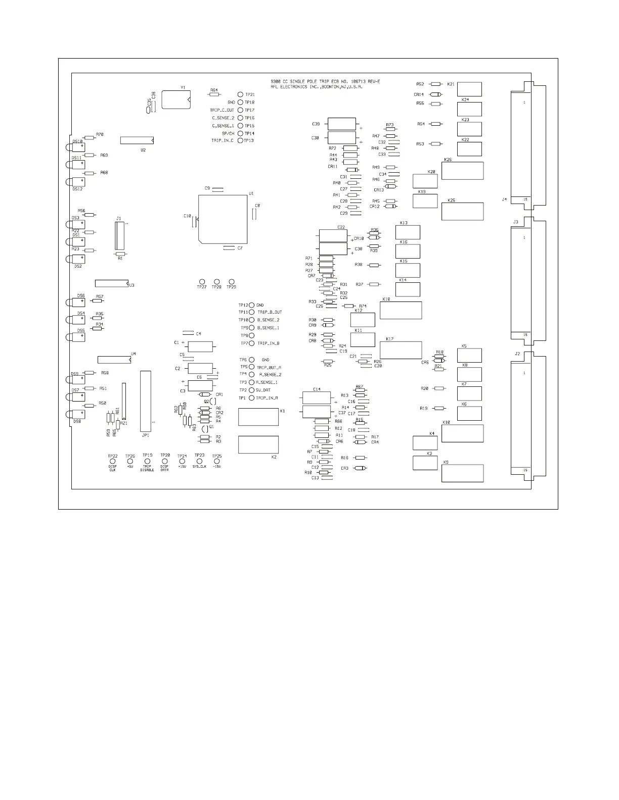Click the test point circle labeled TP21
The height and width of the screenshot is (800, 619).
pyautogui.click(x=241, y=94)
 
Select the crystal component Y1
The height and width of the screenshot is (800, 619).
pyautogui.click(x=175, y=99)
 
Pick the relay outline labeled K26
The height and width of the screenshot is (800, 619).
pyautogui.click(x=462, y=171)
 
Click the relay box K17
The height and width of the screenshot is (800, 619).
pyautogui.click(x=401, y=350)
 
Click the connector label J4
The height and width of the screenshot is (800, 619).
pyautogui.click(x=504, y=199)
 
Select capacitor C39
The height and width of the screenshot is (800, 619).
pyautogui.click(x=342, y=124)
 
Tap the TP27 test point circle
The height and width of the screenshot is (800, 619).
pyautogui.click(x=202, y=281)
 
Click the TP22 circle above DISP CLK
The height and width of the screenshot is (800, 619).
pyautogui.click(x=113, y=461)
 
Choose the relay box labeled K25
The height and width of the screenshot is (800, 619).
pyautogui.click(x=462, y=211)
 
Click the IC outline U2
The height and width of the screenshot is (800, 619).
pyautogui.click(x=137, y=140)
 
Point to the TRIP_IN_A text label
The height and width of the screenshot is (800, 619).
pyautogui.click(x=267, y=398)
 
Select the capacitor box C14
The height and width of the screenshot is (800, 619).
pyautogui.click(x=317, y=397)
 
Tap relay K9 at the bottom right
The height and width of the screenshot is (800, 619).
pyautogui.click(x=462, y=473)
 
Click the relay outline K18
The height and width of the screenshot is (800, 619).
pyautogui.click(x=401, y=310)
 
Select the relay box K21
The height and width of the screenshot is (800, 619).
pyautogui.click(x=469, y=89)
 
